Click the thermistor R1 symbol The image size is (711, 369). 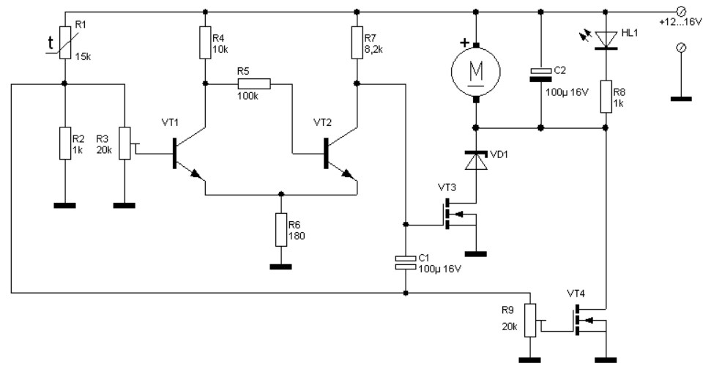[65, 42]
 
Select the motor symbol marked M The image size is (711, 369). [476, 71]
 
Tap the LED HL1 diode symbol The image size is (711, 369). [606, 40]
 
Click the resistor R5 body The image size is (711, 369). [254, 83]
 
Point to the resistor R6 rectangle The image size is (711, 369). [281, 229]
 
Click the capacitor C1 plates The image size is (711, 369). [406, 262]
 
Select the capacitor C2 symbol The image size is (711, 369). [540, 75]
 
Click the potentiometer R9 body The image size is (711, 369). [530, 321]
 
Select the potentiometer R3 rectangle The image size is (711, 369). [124, 143]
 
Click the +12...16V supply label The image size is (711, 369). [681, 21]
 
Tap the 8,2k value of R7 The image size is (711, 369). [373, 49]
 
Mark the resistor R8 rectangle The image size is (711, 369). [606, 96]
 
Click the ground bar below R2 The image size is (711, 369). [65, 205]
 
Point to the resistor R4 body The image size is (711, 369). [205, 42]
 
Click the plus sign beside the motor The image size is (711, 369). [464, 43]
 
